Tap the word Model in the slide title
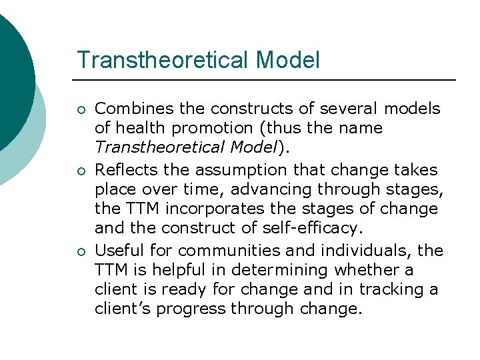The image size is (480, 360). [x=287, y=60]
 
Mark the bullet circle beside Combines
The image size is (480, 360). [x=81, y=109]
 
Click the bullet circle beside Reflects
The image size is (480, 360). [x=81, y=171]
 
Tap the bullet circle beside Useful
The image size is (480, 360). [x=81, y=251]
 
